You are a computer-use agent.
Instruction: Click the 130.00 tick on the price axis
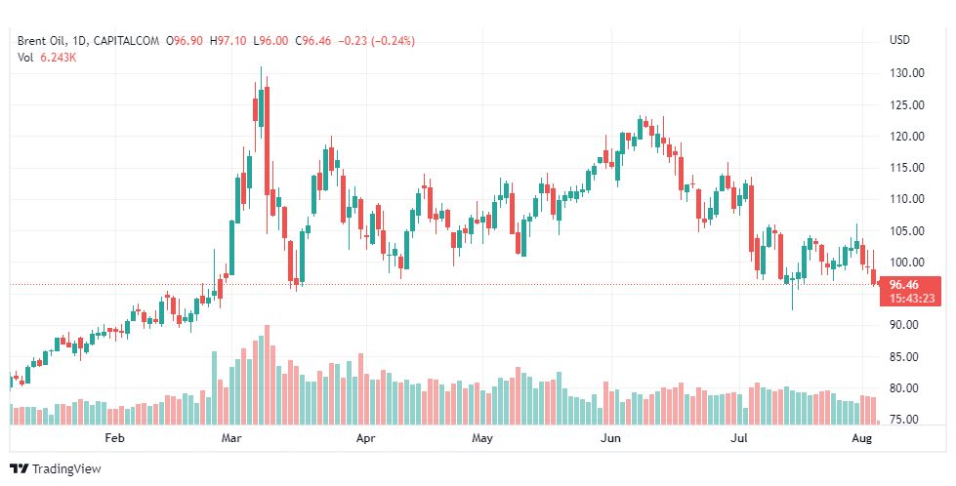pos(906,73)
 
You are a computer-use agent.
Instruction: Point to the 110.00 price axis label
pos(906,199)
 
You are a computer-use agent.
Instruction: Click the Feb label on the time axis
pos(115,439)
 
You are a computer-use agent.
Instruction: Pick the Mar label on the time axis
pos(231,439)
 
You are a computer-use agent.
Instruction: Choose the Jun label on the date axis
pos(611,439)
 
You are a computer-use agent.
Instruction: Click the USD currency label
pos(899,40)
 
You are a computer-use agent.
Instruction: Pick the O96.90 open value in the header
pos(186,41)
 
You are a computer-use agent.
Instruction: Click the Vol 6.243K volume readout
pos(48,58)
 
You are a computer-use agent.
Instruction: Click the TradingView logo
pos(56,468)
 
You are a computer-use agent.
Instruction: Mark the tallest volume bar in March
pos(267,376)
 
